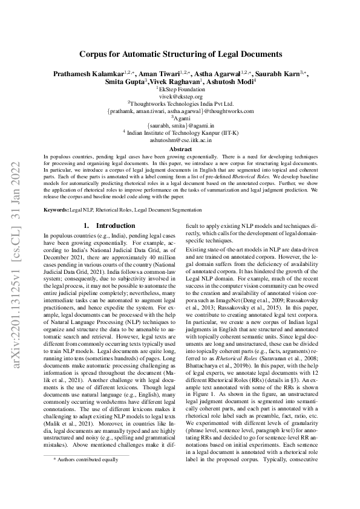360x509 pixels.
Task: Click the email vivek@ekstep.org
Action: coord(180,96)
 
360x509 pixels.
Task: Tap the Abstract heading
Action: coord(180,149)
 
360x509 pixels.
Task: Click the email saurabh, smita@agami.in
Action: coord(180,125)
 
